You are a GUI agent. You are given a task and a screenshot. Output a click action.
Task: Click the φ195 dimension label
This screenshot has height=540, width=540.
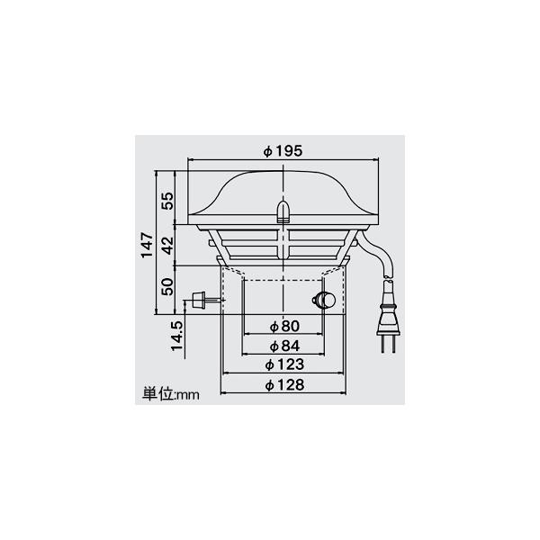(283, 151)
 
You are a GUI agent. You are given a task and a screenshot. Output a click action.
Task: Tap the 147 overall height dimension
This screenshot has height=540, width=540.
(147, 245)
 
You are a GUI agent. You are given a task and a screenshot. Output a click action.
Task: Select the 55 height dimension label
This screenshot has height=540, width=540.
(167, 201)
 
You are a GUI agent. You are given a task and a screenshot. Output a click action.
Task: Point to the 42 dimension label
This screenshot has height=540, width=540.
(167, 245)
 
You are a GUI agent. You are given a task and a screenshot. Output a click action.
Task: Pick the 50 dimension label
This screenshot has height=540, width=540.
(167, 286)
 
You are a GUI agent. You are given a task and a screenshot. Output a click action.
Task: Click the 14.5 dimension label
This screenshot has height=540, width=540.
(177, 336)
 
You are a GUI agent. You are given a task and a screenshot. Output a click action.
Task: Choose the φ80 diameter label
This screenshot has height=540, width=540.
(284, 326)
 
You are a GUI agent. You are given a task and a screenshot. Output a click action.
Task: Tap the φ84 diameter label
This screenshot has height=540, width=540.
(284, 346)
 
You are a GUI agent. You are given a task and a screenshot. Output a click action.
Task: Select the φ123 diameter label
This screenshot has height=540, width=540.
(284, 364)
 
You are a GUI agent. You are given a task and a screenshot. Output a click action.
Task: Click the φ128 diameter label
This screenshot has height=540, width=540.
(284, 384)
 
